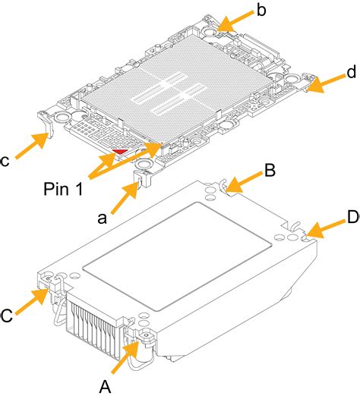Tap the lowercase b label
(261, 11)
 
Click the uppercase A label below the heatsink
(106, 386)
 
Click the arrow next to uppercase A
(126, 360)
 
